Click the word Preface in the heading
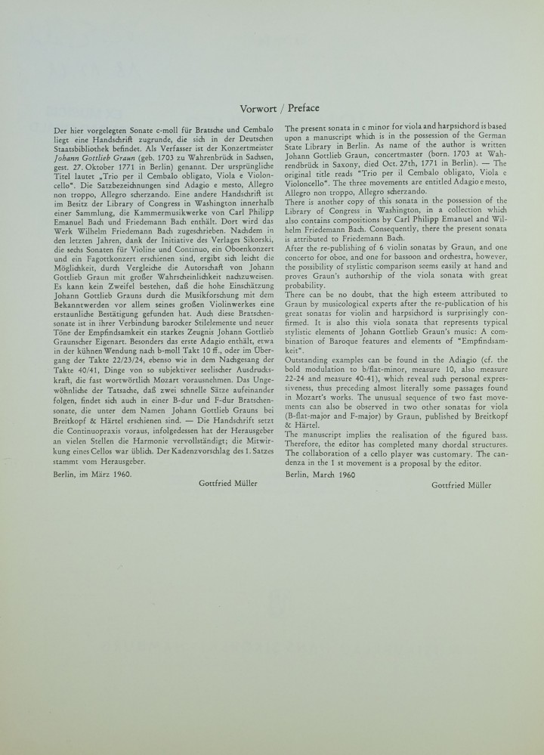click(304, 107)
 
